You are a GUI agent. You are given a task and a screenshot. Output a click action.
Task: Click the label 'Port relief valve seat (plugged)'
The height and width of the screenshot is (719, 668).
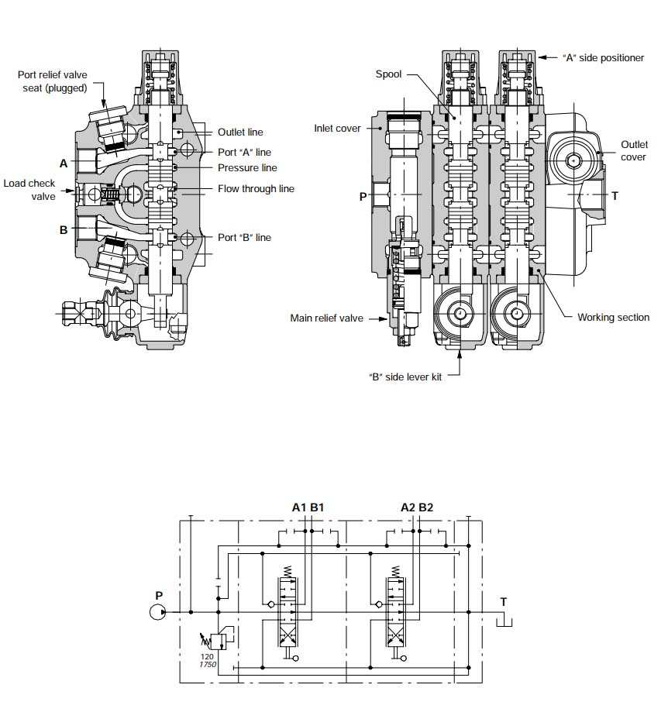click(x=52, y=81)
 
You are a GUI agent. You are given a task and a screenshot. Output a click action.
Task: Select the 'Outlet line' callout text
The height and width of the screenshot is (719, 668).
click(x=240, y=132)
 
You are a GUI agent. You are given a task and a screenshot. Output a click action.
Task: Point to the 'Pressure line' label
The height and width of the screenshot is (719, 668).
click(x=247, y=168)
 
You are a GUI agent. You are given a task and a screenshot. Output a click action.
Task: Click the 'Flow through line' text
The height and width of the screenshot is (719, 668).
click(x=256, y=189)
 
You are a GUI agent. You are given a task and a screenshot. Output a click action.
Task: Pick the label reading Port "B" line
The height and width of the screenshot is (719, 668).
click(x=245, y=237)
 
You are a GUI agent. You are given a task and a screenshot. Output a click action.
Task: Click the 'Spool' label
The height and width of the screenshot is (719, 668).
click(x=388, y=74)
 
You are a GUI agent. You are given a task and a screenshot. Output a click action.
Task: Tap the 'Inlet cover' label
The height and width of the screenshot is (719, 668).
click(x=337, y=128)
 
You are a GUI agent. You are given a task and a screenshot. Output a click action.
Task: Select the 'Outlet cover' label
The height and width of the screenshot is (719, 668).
click(x=633, y=151)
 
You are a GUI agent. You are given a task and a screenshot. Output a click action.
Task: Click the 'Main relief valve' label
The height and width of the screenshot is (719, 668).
click(x=326, y=318)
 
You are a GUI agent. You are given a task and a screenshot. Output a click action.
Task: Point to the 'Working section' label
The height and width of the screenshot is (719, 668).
click(x=613, y=318)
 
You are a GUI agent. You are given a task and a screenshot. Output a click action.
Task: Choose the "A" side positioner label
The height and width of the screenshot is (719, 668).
click(x=603, y=58)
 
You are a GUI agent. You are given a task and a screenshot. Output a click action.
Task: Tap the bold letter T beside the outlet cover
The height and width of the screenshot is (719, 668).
click(x=615, y=196)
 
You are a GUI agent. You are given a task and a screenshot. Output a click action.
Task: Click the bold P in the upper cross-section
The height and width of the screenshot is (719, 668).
click(x=362, y=197)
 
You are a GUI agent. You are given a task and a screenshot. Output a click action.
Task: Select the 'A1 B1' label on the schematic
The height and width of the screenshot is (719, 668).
click(x=308, y=507)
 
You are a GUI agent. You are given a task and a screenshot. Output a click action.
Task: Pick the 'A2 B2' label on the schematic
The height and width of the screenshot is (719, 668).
click(x=417, y=507)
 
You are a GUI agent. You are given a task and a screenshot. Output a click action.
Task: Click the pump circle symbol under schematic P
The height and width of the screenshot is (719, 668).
click(x=158, y=612)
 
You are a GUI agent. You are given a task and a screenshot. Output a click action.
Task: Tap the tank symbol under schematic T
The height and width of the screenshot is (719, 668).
click(x=504, y=620)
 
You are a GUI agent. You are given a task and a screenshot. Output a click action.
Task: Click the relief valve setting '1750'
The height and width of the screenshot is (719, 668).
click(x=207, y=666)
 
